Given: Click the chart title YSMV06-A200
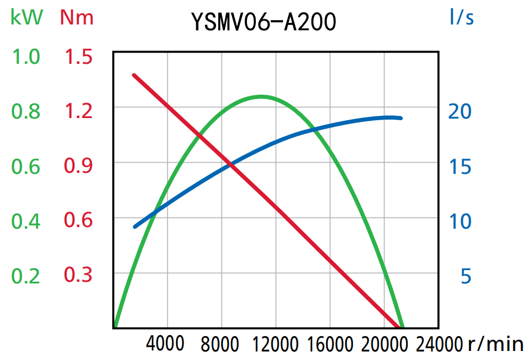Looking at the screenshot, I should pyautogui.click(x=264, y=22).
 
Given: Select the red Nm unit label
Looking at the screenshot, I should pyautogui.click(x=77, y=18).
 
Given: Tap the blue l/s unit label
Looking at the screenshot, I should pyautogui.click(x=461, y=18).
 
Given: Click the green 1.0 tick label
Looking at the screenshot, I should pyautogui.click(x=26, y=57).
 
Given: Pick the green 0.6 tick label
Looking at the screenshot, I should pyautogui.click(x=26, y=167).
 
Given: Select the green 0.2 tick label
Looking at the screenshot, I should pyautogui.click(x=26, y=277).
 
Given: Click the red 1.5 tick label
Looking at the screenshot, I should pyautogui.click(x=79, y=57).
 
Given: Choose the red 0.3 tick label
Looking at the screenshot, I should pyautogui.click(x=79, y=275).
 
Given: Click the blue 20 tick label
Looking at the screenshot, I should pyautogui.click(x=460, y=112).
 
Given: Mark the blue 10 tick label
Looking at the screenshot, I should pyautogui.click(x=460, y=221).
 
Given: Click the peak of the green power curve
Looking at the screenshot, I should pyautogui.click(x=261, y=96).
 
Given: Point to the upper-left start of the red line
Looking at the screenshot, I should pyautogui.click(x=134, y=76).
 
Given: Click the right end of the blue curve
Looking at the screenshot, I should pyautogui.click(x=400, y=118).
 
